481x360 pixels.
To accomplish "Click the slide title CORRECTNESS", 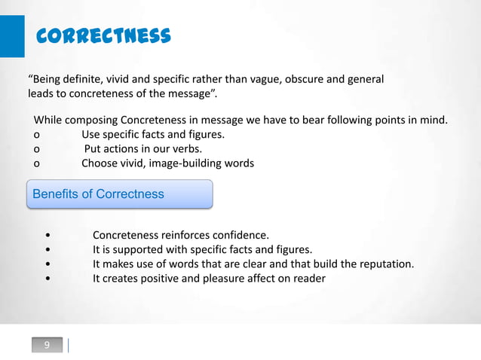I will [x=104, y=35].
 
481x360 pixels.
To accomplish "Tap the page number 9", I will [x=47, y=345].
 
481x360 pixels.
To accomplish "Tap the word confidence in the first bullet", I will [x=240, y=235].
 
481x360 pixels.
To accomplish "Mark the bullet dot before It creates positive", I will [x=48, y=279].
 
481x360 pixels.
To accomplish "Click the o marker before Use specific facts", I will [x=36, y=135].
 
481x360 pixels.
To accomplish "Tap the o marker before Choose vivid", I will [x=36, y=163].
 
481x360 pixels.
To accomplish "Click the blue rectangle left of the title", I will [x=11, y=35].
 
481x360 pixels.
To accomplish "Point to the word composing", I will [x=90, y=120].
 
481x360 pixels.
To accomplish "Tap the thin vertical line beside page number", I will [x=69, y=345].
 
